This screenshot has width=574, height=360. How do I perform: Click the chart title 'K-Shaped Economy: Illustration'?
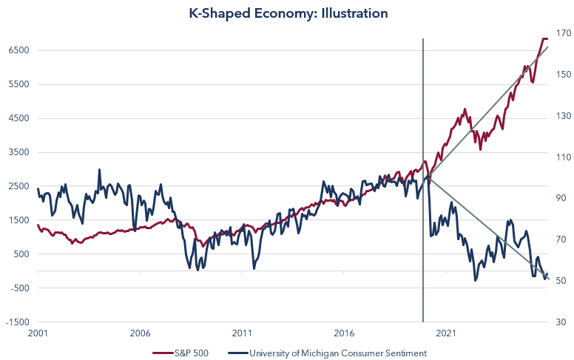[x=288, y=13]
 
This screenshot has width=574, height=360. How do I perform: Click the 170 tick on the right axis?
[x=560, y=33]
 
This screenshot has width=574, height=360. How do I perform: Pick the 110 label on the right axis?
[x=560, y=157]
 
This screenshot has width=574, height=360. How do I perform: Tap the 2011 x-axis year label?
[x=242, y=333]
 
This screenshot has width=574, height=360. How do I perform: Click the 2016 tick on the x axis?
[x=344, y=333]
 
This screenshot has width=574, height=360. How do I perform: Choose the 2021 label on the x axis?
[x=445, y=333]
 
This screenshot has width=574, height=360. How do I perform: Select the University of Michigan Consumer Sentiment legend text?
[x=337, y=353]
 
